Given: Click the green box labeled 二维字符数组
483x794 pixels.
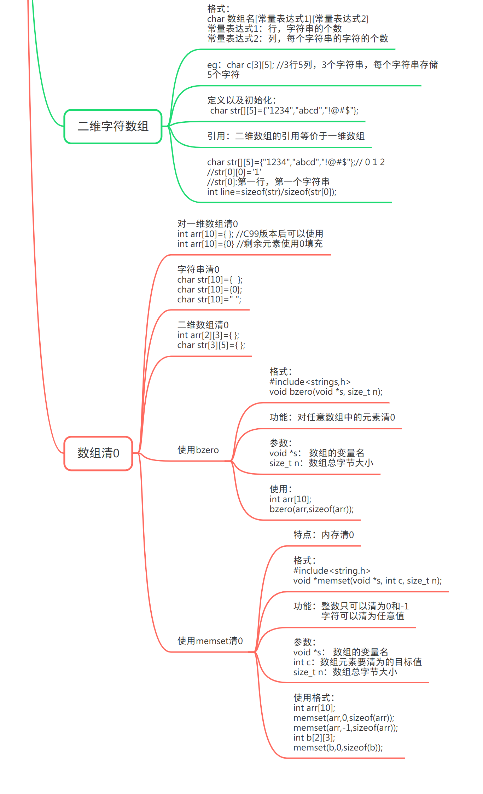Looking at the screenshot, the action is tap(113, 126).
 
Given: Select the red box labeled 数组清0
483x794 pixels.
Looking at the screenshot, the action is tap(98, 453).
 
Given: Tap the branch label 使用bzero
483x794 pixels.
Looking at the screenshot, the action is tap(198, 450).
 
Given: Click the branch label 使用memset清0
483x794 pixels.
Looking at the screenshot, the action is tap(210, 641).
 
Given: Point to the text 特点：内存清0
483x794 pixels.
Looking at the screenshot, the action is tap(324, 534).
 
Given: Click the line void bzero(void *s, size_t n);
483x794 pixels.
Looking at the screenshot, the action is tap(326, 392).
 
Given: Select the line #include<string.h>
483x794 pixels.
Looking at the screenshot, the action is tap(332, 570).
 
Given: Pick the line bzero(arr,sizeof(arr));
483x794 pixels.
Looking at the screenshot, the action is tap(312, 509).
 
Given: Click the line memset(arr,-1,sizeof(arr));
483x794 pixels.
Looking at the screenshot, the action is tap(345, 728).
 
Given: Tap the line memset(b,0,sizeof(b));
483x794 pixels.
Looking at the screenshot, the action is tap(338, 747).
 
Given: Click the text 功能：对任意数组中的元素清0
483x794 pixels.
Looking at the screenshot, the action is tap(332, 417).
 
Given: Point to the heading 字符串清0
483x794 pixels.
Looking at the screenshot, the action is tap(198, 270).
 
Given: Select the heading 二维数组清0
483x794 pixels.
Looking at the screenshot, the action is tap(203, 325).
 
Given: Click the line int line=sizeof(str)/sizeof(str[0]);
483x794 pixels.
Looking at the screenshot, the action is tap(272, 192).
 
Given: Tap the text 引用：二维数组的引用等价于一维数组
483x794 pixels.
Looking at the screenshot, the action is tap(286, 136).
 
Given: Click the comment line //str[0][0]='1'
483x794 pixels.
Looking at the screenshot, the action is tap(234, 172).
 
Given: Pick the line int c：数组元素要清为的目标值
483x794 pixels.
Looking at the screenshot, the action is tap(357, 662).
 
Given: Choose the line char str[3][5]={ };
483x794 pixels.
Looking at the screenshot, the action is tap(211, 345).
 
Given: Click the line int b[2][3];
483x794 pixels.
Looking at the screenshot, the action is tap(314, 737).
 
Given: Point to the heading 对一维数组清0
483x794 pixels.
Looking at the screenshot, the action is tap(208, 224).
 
